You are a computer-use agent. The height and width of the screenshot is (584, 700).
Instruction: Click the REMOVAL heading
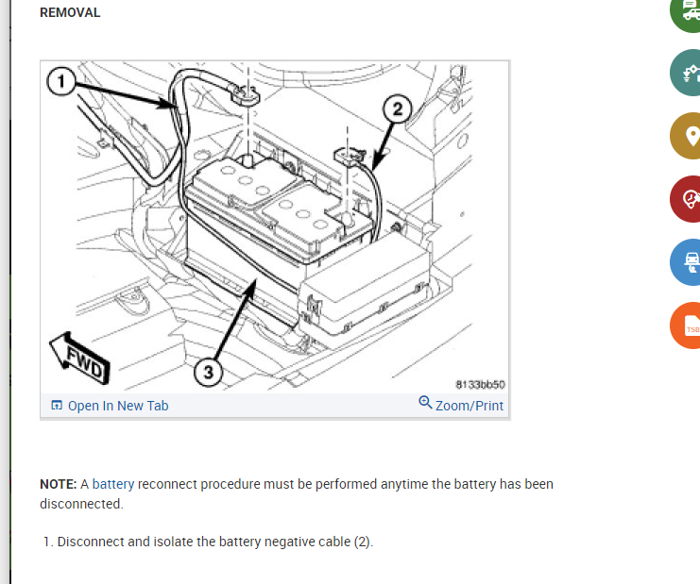(x=70, y=13)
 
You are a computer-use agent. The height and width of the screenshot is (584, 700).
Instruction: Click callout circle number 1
(x=61, y=82)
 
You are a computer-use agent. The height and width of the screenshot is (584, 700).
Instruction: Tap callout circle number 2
(x=397, y=109)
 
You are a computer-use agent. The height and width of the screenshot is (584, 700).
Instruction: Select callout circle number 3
(x=209, y=372)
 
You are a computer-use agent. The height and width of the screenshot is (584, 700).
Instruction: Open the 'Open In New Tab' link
(x=111, y=406)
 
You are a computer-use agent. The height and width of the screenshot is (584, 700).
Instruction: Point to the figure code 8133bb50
(x=480, y=385)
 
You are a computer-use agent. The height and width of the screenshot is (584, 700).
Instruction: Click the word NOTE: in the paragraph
(x=59, y=484)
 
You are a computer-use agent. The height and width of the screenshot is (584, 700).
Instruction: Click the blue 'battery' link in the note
(x=113, y=484)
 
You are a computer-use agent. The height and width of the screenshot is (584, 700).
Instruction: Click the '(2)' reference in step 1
(x=362, y=542)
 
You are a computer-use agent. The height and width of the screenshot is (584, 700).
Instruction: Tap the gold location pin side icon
(x=690, y=136)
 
